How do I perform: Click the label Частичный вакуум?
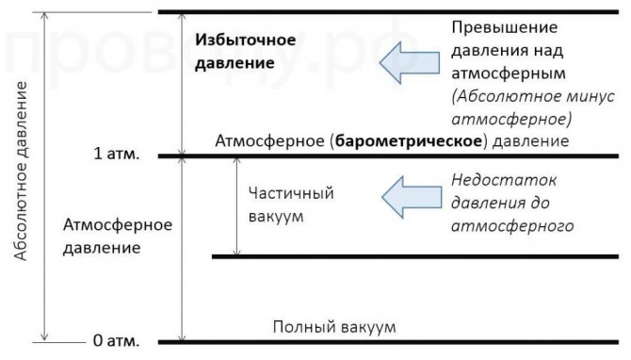[292, 205]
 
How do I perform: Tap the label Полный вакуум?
[334, 327]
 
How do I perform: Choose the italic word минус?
[593, 96]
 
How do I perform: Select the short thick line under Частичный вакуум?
[414, 255]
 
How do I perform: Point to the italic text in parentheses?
[533, 108]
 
